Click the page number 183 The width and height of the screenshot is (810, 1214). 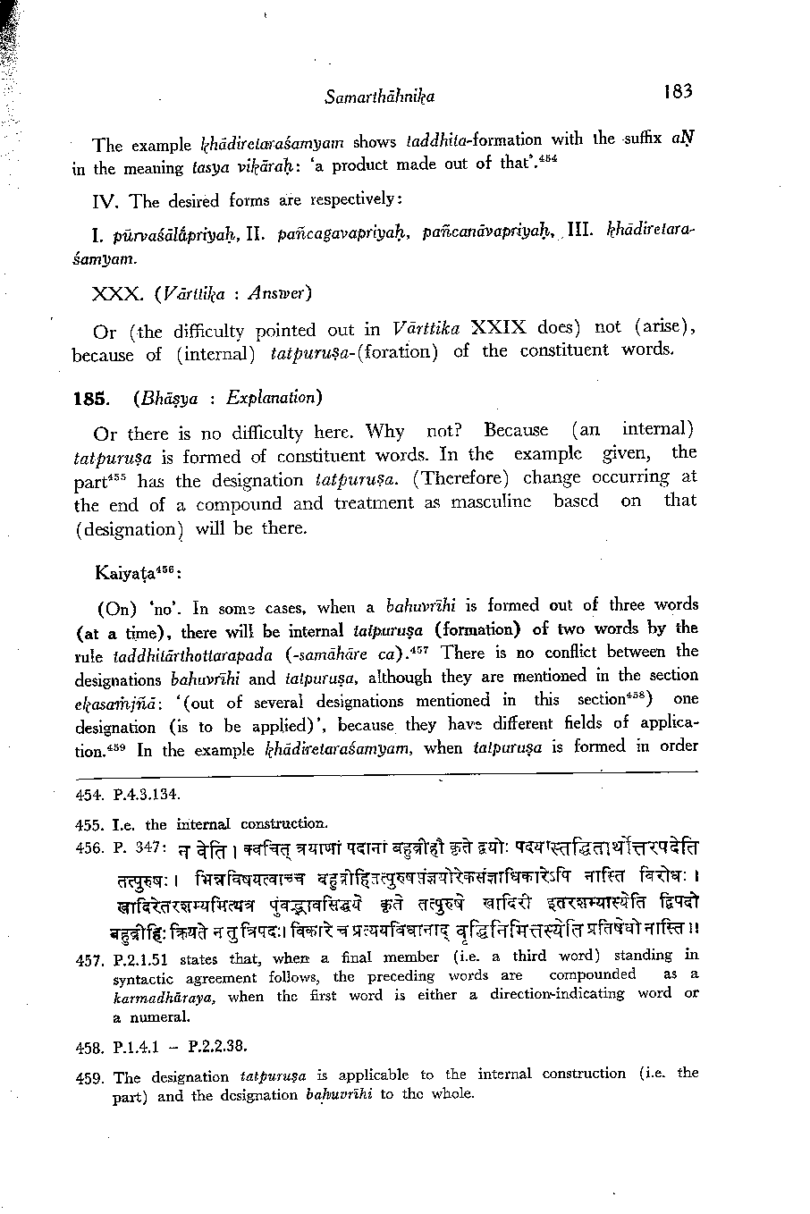point(679,90)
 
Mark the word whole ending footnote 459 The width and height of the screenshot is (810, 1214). point(453,1094)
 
